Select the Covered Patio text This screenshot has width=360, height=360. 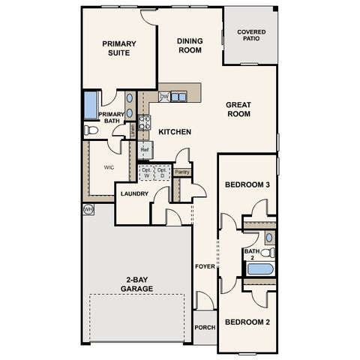[x=250, y=36]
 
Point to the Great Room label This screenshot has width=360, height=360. [x=238, y=109]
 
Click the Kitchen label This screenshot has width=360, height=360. [x=175, y=132]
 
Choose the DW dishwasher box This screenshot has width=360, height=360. [x=163, y=97]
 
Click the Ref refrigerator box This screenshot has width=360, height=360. [x=145, y=150]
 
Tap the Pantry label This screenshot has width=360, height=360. [x=181, y=172]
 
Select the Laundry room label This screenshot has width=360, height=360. [x=135, y=194]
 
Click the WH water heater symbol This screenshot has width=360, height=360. [x=88, y=209]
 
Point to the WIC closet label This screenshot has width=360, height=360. [x=109, y=168]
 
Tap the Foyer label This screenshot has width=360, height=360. [x=204, y=267]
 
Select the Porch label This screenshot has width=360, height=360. [x=205, y=327]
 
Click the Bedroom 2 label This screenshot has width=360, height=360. [x=247, y=322]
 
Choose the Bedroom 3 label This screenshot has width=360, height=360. [x=247, y=184]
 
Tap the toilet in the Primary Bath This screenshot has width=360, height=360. [x=91, y=130]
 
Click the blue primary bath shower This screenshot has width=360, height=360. [x=91, y=103]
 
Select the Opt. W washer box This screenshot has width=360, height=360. [x=146, y=172]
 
